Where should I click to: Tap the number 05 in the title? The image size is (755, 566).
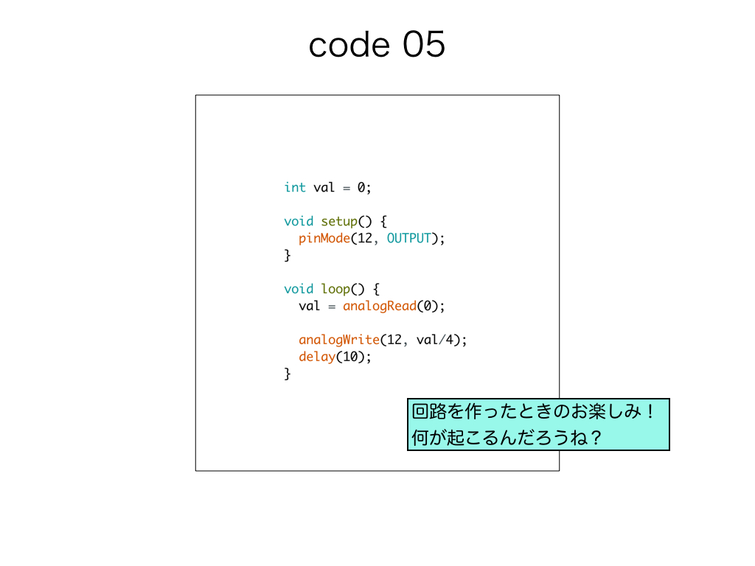coord(424,44)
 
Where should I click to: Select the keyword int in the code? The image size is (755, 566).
coord(295,187)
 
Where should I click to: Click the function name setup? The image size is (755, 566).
coord(339,222)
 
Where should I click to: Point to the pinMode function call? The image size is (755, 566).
coord(324,238)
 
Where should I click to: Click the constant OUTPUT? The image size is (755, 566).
coord(408,238)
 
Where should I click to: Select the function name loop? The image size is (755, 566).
coord(335,289)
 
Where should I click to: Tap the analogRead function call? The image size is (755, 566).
coord(380,306)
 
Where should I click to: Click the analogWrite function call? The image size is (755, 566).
coord(339,340)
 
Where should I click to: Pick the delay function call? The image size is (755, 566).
coord(317,357)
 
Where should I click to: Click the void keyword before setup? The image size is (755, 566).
coord(299,221)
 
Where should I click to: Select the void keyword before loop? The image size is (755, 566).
coord(299,289)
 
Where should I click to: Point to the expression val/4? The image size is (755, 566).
coord(435,340)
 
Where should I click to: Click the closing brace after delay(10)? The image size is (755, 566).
coord(288,374)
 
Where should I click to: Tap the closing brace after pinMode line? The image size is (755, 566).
coord(288,256)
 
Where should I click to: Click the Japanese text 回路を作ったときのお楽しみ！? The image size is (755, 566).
coord(533,411)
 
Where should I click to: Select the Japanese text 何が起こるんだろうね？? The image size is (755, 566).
coord(507,438)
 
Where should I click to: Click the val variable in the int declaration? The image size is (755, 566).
coord(324,187)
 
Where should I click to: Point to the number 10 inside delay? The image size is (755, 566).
coord(350,357)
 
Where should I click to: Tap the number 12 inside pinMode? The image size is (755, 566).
coord(364,238)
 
